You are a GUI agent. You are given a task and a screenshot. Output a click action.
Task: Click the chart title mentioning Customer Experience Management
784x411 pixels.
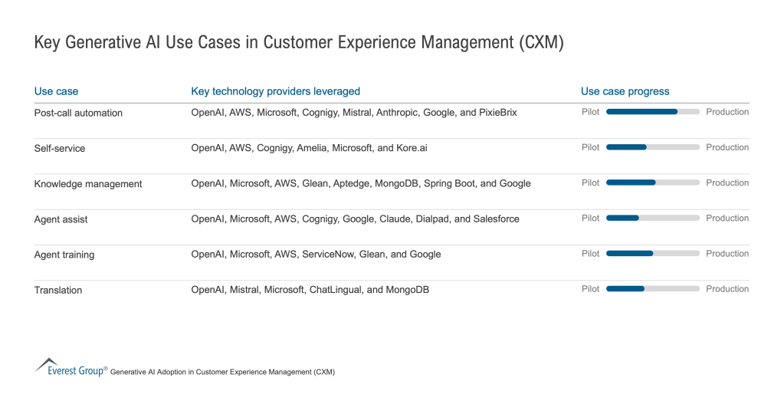point(299,42)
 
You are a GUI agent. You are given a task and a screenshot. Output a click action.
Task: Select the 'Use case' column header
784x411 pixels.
point(56,91)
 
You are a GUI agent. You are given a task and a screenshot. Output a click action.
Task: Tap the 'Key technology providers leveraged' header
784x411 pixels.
point(275,91)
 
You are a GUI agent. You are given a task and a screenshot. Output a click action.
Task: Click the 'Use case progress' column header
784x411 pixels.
point(625,91)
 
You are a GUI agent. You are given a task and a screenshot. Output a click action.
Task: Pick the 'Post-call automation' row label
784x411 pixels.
point(78,113)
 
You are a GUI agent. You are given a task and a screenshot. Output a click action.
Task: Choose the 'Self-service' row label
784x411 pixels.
point(60,148)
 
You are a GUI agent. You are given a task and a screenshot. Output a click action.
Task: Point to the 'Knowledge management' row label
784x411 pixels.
point(88,184)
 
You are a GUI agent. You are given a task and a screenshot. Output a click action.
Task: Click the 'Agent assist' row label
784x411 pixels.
point(61,219)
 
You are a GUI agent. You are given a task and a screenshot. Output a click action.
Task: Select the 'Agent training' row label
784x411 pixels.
point(64,255)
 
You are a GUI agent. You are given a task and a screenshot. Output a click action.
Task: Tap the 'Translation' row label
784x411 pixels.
point(58,290)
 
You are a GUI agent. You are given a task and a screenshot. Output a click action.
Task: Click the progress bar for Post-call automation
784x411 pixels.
point(652,112)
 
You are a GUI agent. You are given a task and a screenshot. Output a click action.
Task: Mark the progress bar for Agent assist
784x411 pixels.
point(652,218)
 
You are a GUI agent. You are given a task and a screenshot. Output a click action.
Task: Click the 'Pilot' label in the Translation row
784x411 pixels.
point(590,289)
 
